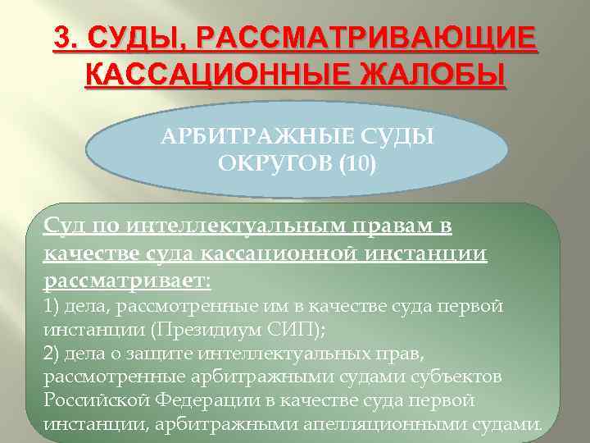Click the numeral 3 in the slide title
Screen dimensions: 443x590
click(x=63, y=39)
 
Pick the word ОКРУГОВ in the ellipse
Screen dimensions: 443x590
click(x=267, y=165)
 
